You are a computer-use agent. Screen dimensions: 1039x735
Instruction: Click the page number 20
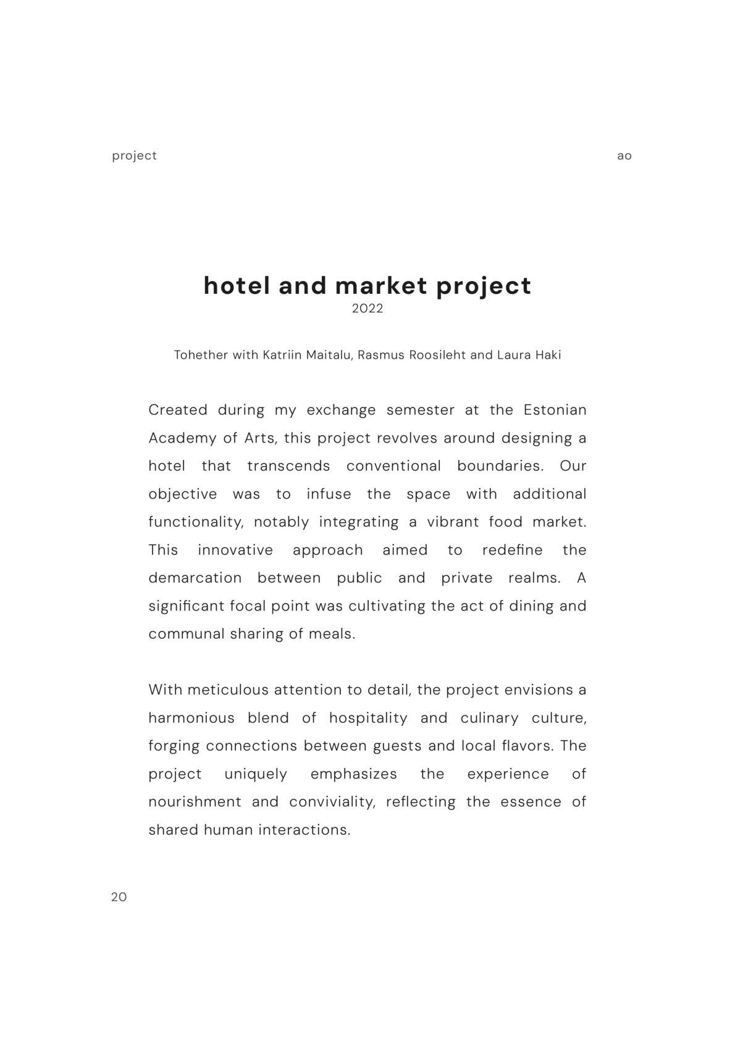coord(119,897)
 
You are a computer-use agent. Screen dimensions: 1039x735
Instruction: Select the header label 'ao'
coord(624,156)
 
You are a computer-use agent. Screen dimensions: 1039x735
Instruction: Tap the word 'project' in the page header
coord(134,156)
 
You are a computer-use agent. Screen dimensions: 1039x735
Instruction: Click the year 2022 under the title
coord(367,309)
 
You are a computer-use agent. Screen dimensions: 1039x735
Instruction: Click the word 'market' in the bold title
coord(381,286)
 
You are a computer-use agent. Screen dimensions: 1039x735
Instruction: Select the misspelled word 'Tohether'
coord(201,355)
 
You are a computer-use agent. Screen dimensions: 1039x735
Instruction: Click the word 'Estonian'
coord(555,410)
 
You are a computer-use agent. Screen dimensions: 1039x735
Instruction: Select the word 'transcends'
coord(288,466)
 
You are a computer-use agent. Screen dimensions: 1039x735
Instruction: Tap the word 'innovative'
coord(235,550)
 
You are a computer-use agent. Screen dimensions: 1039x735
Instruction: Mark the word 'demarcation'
coord(195,578)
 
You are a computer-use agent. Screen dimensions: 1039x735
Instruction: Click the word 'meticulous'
coord(228,690)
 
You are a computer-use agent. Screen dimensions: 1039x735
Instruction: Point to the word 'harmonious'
coord(191,718)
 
